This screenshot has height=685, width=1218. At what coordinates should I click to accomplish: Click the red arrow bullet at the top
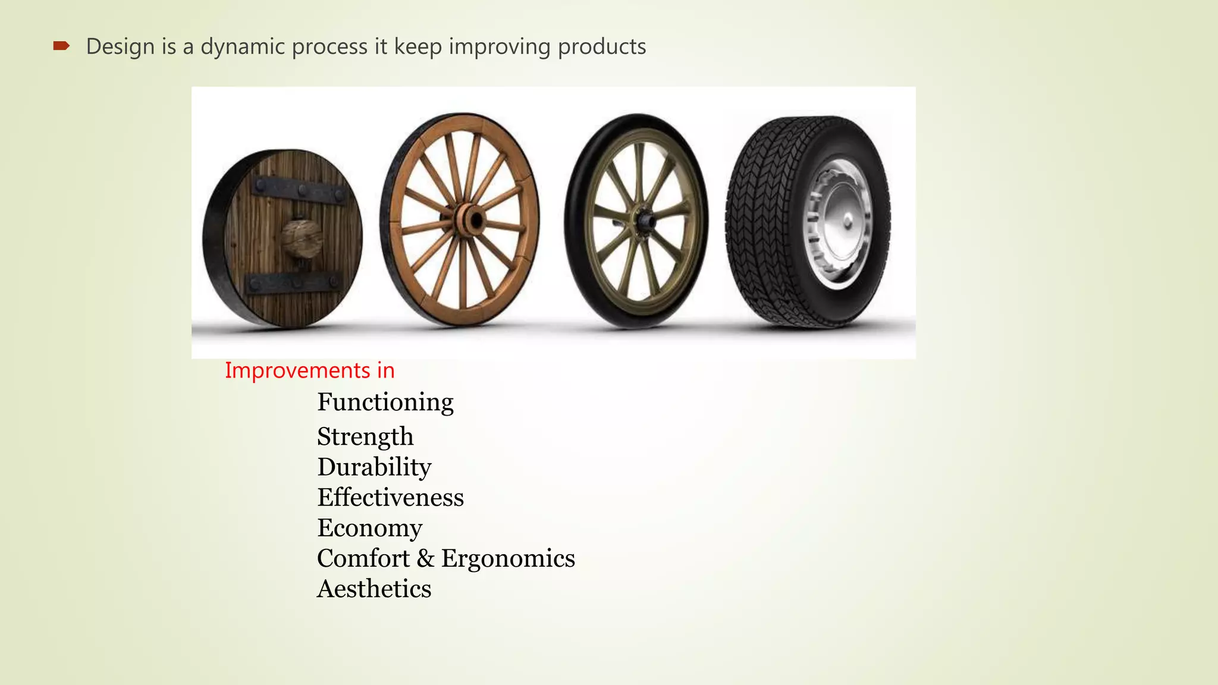[x=61, y=46]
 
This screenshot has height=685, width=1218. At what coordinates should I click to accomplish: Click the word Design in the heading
[x=120, y=46]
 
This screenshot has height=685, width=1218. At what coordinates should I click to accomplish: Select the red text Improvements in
[x=309, y=370]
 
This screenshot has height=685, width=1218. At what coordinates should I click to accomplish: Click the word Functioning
[x=385, y=403]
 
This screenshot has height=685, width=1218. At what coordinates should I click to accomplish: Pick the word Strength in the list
[x=365, y=436]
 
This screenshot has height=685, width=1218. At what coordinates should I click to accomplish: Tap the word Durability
[x=374, y=467]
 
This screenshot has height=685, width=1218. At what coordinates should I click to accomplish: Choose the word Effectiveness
[x=390, y=497]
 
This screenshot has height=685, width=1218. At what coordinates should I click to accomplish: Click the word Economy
[x=369, y=528]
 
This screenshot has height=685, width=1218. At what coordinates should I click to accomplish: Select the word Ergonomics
[x=508, y=558]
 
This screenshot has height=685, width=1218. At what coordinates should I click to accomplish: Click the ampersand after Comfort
[x=425, y=558]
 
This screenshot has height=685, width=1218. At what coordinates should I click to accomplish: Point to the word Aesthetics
[x=373, y=589]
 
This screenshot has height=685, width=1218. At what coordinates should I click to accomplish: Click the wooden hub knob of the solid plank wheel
[x=301, y=238]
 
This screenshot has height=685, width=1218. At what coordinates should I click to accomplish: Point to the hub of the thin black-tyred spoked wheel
[x=643, y=222]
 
